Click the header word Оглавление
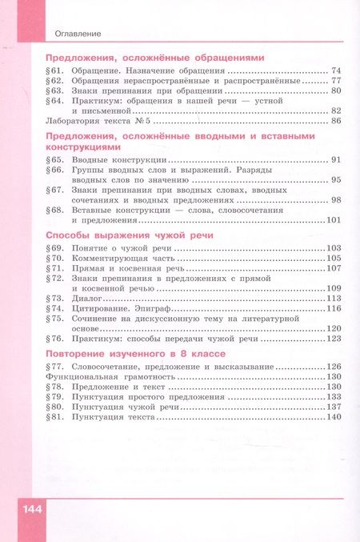78,33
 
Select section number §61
54,70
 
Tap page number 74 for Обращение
336,70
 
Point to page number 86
336,121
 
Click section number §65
54,160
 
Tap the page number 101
334,220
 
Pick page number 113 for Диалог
334,298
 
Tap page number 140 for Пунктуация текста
334,417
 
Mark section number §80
54,407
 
